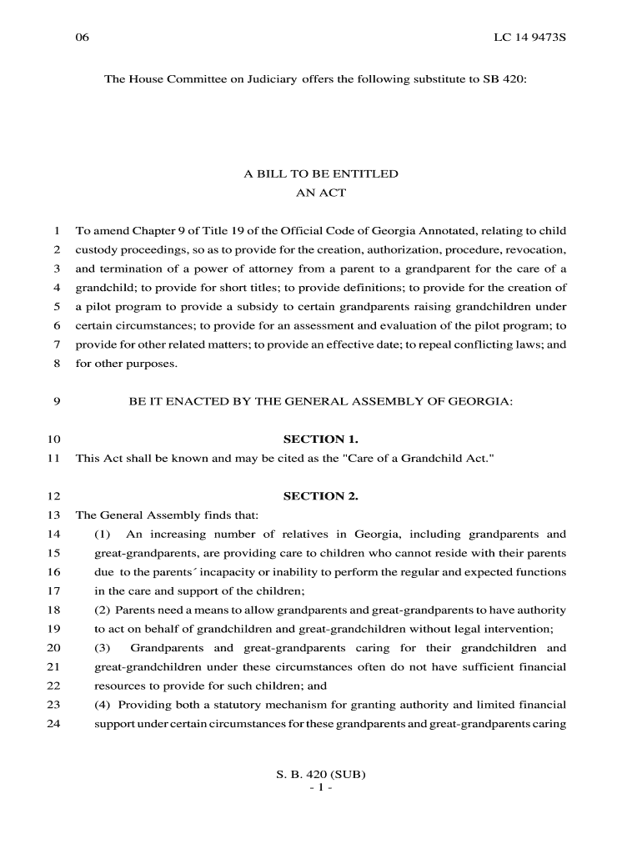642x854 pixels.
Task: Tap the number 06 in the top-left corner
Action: click(x=82, y=38)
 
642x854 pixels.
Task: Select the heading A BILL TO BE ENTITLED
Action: click(x=320, y=174)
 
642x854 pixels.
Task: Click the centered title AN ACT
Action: click(x=321, y=193)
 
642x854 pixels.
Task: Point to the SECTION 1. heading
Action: click(x=320, y=440)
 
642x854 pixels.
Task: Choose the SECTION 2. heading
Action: click(x=320, y=496)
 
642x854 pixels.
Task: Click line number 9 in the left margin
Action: click(x=56, y=401)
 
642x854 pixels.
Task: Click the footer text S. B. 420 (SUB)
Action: click(x=321, y=774)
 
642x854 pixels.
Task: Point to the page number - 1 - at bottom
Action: click(x=321, y=788)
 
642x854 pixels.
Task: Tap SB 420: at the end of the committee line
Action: click(x=504, y=80)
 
